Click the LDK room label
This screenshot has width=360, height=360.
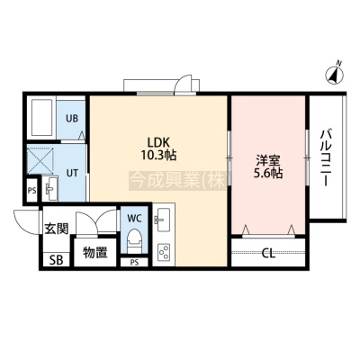tap(158, 141)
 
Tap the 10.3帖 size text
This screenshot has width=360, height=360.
tap(158, 155)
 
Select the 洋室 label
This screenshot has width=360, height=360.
tap(268, 161)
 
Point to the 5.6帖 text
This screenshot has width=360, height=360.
tap(268, 174)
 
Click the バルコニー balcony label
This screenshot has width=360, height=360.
tap(327, 158)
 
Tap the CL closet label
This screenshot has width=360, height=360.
tap(268, 254)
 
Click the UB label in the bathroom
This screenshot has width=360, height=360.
tap(72, 118)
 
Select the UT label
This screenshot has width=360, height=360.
tap(72, 173)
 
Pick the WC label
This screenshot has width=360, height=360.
tap(134, 219)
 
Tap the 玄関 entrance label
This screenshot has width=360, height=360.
tap(57, 229)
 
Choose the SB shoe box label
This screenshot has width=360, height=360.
tap(57, 260)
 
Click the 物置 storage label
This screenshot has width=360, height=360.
tap(95, 253)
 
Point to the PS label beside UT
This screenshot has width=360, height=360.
tap(31, 191)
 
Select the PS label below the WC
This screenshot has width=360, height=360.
tap(134, 263)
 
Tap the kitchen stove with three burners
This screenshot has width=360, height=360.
tap(164, 252)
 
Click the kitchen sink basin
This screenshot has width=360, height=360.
tap(162, 220)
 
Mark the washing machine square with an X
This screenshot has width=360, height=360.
tap(40, 159)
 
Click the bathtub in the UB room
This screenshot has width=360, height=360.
tap(42, 118)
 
